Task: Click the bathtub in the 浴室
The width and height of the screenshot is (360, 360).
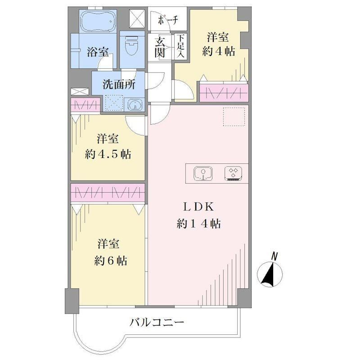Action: [x=98, y=21]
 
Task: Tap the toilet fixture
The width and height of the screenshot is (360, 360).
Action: [x=132, y=45]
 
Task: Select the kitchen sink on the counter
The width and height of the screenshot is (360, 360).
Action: [x=203, y=173]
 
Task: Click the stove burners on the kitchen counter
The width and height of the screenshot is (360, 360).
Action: [x=234, y=173]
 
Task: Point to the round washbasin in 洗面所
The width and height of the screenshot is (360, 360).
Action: [x=135, y=106]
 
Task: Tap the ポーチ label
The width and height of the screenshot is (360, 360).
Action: [x=168, y=21]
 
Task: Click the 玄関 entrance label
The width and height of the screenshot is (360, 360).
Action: [x=160, y=47]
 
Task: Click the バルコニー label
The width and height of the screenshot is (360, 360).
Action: [x=157, y=323]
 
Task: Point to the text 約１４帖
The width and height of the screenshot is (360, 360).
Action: [x=199, y=223]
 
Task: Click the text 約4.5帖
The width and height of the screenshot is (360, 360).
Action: [x=108, y=154]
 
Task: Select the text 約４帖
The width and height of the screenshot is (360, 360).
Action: [x=219, y=51]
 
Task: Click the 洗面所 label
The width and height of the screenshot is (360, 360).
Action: [x=119, y=85]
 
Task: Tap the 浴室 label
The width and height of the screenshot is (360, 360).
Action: [x=98, y=52]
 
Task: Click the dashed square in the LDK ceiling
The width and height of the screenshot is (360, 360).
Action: [x=234, y=117]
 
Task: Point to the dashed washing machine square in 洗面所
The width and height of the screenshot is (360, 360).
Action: [x=114, y=103]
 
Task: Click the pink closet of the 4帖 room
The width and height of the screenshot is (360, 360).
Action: [x=224, y=93]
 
